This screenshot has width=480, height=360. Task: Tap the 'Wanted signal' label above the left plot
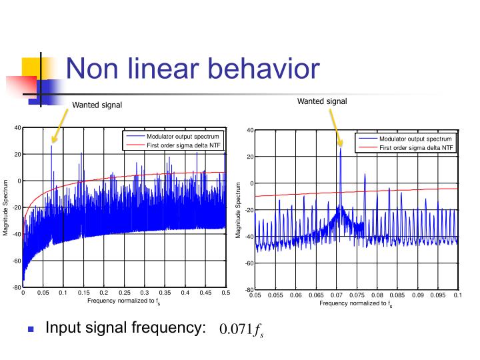click(97, 105)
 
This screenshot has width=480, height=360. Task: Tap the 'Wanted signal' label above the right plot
click(322, 101)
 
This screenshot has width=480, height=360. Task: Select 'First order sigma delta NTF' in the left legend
click(184, 145)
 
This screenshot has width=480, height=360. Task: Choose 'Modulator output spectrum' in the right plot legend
click(415, 139)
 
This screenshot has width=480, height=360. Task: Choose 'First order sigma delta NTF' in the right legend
click(417, 147)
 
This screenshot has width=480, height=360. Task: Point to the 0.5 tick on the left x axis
click(225, 293)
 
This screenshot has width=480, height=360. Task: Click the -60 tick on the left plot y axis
click(16, 261)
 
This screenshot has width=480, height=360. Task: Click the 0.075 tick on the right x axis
click(357, 295)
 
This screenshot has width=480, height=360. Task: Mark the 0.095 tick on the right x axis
click(438, 295)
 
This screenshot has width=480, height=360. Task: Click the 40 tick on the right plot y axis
click(249, 130)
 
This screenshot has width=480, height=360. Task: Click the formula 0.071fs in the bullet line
click(241, 330)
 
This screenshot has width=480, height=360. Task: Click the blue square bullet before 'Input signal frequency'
click(30, 329)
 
